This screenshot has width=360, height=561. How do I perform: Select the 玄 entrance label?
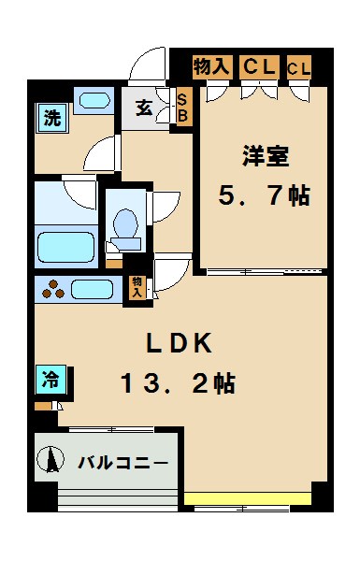(x=145, y=107)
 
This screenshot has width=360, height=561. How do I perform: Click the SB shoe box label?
(x=182, y=107)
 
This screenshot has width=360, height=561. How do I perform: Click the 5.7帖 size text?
(x=264, y=197)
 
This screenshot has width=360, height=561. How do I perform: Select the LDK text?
(x=180, y=343)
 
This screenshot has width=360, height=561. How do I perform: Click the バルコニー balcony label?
(x=122, y=462)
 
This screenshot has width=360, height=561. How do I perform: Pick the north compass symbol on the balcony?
(x=50, y=460)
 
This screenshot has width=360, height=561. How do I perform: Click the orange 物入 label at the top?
(x=210, y=66)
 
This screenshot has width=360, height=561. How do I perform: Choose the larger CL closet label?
(x=258, y=66)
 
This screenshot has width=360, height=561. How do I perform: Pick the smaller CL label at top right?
(x=299, y=67)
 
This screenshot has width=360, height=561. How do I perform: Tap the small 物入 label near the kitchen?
(x=137, y=286)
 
